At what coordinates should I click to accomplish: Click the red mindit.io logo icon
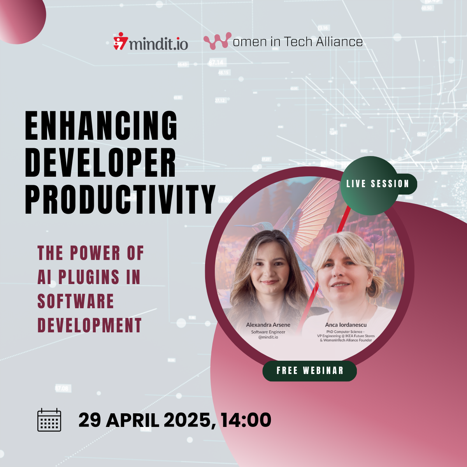tap(121, 41)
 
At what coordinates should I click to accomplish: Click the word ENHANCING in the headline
tap(101, 126)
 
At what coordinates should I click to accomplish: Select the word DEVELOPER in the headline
tap(100, 162)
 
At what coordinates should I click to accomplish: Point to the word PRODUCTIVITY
tap(120, 199)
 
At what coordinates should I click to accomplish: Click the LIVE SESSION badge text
tap(377, 184)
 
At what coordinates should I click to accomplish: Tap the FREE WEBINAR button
tap(310, 370)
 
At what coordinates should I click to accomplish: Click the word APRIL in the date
tap(132, 420)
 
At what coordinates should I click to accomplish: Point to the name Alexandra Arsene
tap(268, 325)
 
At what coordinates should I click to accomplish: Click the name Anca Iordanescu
tap(346, 325)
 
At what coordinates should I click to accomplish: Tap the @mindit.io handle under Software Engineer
tap(268, 337)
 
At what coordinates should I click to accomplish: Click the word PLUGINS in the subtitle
tap(89, 277)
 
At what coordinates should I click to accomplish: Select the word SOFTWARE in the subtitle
tap(75, 301)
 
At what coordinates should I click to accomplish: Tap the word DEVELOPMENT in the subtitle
tap(90, 325)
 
